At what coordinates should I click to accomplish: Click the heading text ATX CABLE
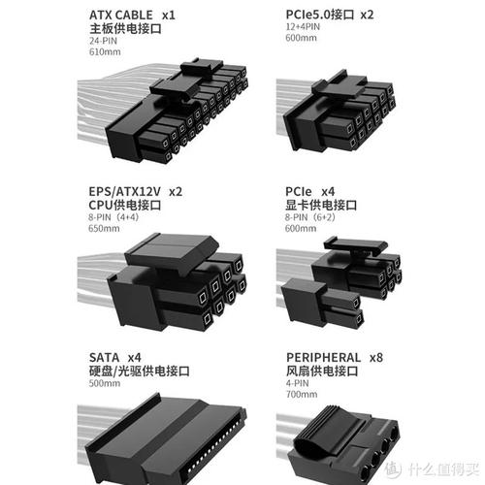(121, 15)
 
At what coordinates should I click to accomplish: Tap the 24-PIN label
(103, 41)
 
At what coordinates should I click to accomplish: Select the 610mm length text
(105, 51)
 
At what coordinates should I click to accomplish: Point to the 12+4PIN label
(303, 26)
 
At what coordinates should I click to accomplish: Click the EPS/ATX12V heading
(124, 191)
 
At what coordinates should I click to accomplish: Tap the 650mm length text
(104, 228)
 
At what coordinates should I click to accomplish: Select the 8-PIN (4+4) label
(113, 217)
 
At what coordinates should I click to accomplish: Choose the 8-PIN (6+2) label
(309, 217)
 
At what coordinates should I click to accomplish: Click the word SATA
(104, 357)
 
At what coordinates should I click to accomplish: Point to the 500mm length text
(105, 383)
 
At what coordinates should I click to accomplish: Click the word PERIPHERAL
(323, 357)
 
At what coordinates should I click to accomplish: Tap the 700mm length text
(302, 394)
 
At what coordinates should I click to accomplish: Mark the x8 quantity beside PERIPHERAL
(376, 358)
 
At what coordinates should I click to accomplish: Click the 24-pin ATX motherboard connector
(178, 110)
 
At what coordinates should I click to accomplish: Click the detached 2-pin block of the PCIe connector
(322, 304)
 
